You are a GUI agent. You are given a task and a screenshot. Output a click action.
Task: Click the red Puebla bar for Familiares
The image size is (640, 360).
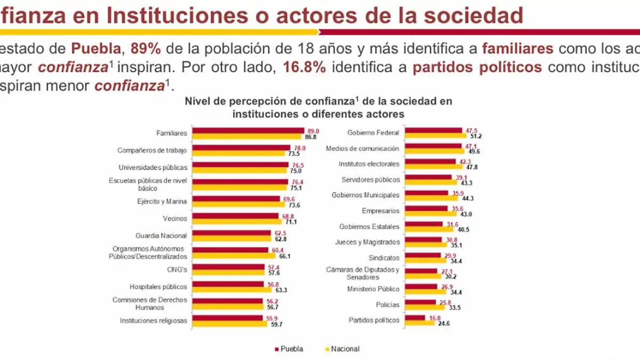[247, 130]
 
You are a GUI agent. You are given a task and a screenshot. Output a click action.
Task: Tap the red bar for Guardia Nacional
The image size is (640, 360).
[233, 233]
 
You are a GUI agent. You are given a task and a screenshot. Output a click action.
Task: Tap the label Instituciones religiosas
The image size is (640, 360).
[153, 321]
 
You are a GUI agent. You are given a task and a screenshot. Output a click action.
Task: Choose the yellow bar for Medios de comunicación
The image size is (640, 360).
[434, 151]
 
